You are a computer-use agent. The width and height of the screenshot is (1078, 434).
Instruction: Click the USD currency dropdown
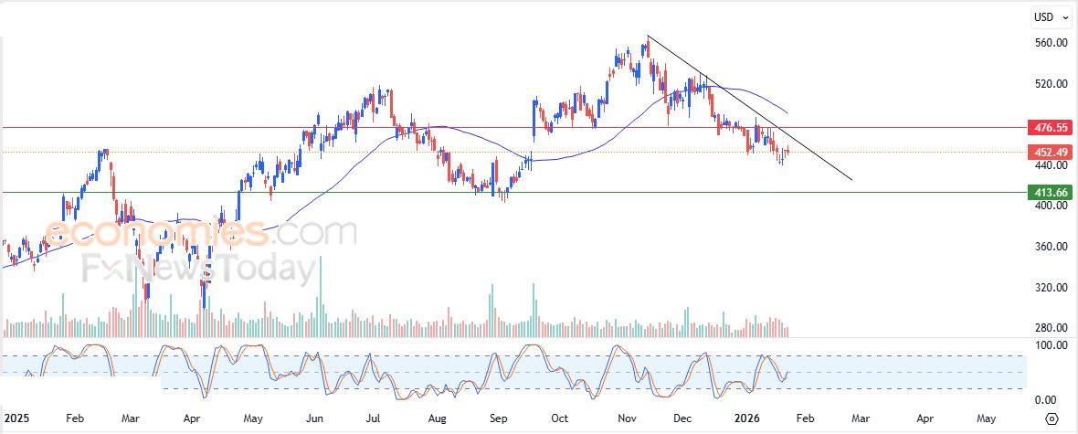1049,16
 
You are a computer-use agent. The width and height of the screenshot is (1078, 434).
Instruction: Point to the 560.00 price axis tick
1050,43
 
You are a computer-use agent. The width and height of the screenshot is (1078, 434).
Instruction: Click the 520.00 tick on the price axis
1050,84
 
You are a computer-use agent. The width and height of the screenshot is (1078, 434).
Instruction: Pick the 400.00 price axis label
1050,206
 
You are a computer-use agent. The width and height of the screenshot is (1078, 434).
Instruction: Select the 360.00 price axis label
1050,247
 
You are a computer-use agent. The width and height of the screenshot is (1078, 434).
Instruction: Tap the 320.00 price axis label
1050,288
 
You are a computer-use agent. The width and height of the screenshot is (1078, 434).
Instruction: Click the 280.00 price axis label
1050,328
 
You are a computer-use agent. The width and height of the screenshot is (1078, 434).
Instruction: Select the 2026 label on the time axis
748,418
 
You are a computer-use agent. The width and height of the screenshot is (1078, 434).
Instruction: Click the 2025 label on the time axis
17,418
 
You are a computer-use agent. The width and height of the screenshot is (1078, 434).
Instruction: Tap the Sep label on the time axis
498,418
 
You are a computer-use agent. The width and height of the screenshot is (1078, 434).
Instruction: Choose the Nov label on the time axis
627,418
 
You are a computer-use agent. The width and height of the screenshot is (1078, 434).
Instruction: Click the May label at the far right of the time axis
986,418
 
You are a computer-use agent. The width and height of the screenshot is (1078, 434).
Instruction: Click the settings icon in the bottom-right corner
1052,418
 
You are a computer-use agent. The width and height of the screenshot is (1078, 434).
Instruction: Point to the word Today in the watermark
266,270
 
